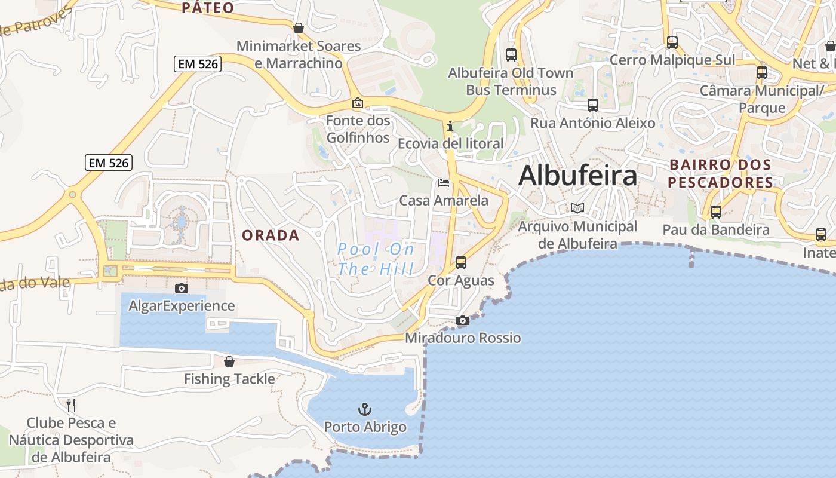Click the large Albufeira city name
pos(577,176)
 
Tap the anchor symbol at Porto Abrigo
pos(364,409)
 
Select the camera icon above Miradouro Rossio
pos(463,321)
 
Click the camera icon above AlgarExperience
pos(182,288)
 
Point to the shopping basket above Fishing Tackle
pos(229,361)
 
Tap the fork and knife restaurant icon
pos(71,405)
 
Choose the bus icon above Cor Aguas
pos(461,262)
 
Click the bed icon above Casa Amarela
pos(444,183)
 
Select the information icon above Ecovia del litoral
pos(450,126)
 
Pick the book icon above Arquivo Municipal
pos(577,209)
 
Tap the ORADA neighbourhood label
pos(271,235)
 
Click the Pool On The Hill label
pos(376,259)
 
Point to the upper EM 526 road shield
pos(198,64)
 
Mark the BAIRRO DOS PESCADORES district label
pos(720,173)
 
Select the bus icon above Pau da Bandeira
pos(715,212)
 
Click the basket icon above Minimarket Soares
pos(299,28)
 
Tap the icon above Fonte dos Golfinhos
pos(358,103)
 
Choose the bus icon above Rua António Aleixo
pos(593,105)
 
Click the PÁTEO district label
pos(207,8)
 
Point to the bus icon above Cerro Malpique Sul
pos(672,42)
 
